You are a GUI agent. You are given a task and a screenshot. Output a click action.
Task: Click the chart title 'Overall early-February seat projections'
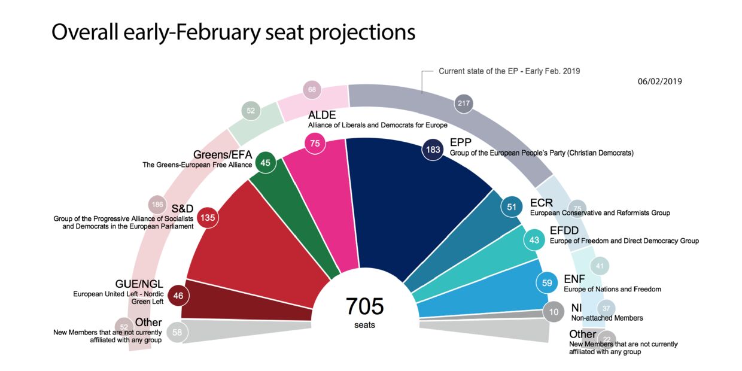click(233, 32)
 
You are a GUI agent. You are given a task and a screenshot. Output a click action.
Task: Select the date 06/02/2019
click(659, 81)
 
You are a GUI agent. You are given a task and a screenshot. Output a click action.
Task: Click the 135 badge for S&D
click(208, 218)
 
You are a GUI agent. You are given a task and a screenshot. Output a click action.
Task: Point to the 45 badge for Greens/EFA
click(266, 163)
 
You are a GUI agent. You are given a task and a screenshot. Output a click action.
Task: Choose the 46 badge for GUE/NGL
click(178, 295)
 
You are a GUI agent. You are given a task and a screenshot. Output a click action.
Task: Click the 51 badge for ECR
click(512, 207)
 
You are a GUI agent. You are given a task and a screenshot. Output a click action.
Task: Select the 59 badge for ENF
click(547, 283)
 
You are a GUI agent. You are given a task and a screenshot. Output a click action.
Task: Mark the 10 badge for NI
click(553, 312)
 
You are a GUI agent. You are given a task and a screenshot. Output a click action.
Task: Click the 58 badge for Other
click(177, 332)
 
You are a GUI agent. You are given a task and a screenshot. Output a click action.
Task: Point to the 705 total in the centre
click(364, 306)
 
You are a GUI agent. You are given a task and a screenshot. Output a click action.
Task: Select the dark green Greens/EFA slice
click(293, 209)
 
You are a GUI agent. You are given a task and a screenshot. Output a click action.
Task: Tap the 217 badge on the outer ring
click(464, 104)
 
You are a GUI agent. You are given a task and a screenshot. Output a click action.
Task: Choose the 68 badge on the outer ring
click(312, 90)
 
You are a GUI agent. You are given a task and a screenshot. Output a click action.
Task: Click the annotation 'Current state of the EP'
click(509, 71)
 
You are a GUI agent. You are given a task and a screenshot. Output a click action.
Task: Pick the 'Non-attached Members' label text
click(607, 318)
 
